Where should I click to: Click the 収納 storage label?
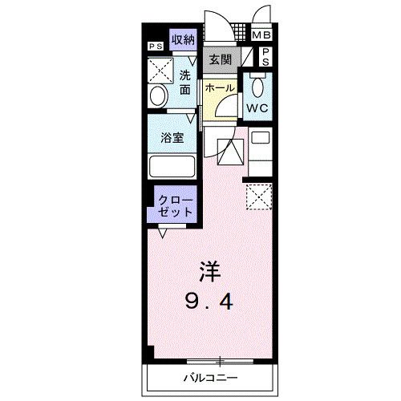point(183,40)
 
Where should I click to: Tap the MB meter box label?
point(261,35)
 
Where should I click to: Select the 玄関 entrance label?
point(221,59)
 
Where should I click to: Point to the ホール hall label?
point(220,87)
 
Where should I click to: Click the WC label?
point(257,108)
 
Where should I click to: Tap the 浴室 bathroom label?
point(172,138)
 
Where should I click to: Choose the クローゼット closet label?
point(176,206)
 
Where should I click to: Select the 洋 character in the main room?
point(210,272)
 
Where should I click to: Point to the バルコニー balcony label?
point(210,378)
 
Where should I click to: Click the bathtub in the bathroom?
point(172,166)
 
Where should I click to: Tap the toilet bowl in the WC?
point(257,87)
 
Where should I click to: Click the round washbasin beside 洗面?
point(159,95)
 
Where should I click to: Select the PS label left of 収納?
point(156,47)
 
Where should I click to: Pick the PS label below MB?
point(265,57)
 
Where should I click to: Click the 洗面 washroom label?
point(185,83)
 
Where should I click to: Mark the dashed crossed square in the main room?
point(259,196)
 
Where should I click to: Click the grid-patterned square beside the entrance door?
point(241,32)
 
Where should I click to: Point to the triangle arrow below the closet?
point(162,233)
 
